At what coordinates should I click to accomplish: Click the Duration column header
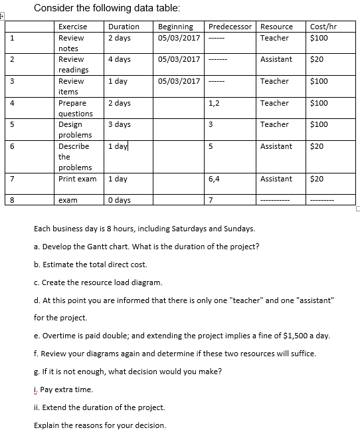(123, 27)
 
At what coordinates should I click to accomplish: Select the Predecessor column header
(230, 27)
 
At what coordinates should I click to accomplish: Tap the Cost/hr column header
(323, 27)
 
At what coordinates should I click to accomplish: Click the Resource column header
(276, 27)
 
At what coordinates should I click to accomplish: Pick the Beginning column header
(175, 27)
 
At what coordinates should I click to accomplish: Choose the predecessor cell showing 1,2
(215, 103)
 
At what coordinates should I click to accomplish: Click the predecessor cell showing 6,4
(215, 179)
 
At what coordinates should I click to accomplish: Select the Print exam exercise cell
(77, 179)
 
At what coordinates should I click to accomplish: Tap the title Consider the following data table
(106, 8)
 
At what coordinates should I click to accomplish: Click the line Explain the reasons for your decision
(100, 425)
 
